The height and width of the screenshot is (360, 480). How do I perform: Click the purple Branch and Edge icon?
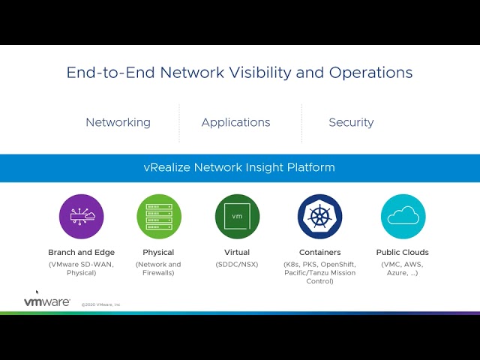81,216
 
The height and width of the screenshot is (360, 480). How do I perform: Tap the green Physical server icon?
158,216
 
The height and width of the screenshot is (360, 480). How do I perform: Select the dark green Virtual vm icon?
237,216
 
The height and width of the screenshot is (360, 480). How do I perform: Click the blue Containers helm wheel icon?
319,216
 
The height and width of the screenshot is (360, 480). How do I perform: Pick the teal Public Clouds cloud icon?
403,216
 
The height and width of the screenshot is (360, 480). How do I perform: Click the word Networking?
118,122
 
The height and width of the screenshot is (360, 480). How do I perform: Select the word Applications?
235,122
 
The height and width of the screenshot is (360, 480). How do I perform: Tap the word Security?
351,122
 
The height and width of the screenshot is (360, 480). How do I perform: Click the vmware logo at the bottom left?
46,302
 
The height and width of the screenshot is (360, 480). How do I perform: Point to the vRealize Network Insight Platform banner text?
239,167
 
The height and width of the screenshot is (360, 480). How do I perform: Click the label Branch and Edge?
81,253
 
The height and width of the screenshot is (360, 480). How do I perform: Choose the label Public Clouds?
403,253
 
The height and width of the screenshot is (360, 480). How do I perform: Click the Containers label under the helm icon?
319,253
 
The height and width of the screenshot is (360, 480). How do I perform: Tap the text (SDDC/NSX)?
237,264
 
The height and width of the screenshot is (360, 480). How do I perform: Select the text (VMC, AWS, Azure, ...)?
403,268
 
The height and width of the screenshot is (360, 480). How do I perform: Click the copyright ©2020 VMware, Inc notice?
100,304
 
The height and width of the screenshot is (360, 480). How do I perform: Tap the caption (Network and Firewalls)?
158,268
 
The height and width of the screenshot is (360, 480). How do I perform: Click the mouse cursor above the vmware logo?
37,292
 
